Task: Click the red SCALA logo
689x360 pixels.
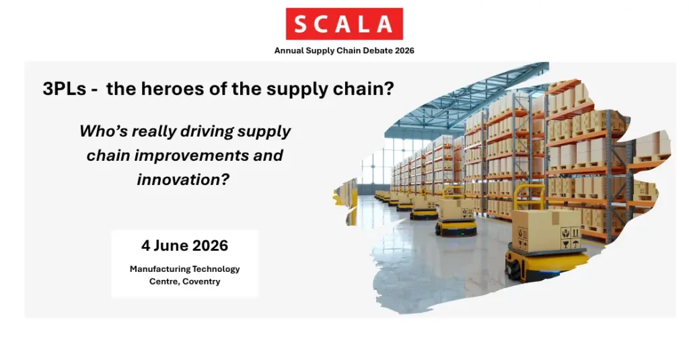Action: tap(344, 24)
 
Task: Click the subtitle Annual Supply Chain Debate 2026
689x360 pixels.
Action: tap(344, 50)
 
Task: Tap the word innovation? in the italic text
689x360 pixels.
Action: tap(183, 180)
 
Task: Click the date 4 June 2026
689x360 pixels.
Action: tap(184, 246)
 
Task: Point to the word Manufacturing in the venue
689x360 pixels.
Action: tap(159, 269)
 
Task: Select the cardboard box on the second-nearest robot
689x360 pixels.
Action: tap(456, 210)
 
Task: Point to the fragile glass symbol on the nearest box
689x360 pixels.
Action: tap(565, 244)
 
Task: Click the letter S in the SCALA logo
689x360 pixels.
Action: tap(301, 24)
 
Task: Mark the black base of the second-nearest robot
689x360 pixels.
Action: tap(456, 228)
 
